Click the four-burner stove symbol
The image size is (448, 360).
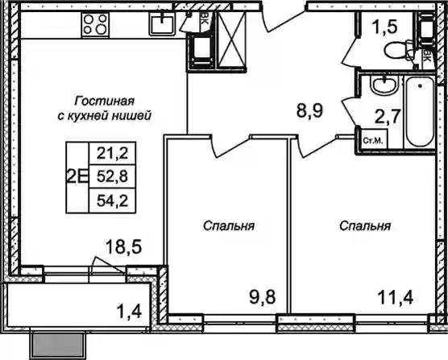pos(95,25)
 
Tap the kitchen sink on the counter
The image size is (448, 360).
pos(162,23)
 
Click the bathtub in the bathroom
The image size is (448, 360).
pos(420,112)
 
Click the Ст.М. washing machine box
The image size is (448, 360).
pos(373,140)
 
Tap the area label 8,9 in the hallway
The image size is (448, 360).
pos(309,111)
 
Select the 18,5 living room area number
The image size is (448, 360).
pos(123,246)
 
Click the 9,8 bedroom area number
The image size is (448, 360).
pos(262,297)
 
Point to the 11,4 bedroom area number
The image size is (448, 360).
pos(395,298)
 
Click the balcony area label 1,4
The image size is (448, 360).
pos(130,312)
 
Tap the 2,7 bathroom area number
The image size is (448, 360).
pos(387,117)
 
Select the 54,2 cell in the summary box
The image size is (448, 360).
pos(112,201)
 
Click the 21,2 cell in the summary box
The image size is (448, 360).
pos(112,154)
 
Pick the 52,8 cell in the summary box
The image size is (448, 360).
pos(112,177)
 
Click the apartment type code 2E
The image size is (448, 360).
pos(77,177)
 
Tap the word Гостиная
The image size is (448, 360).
pos(104,101)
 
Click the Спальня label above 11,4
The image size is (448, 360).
pos(365,226)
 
